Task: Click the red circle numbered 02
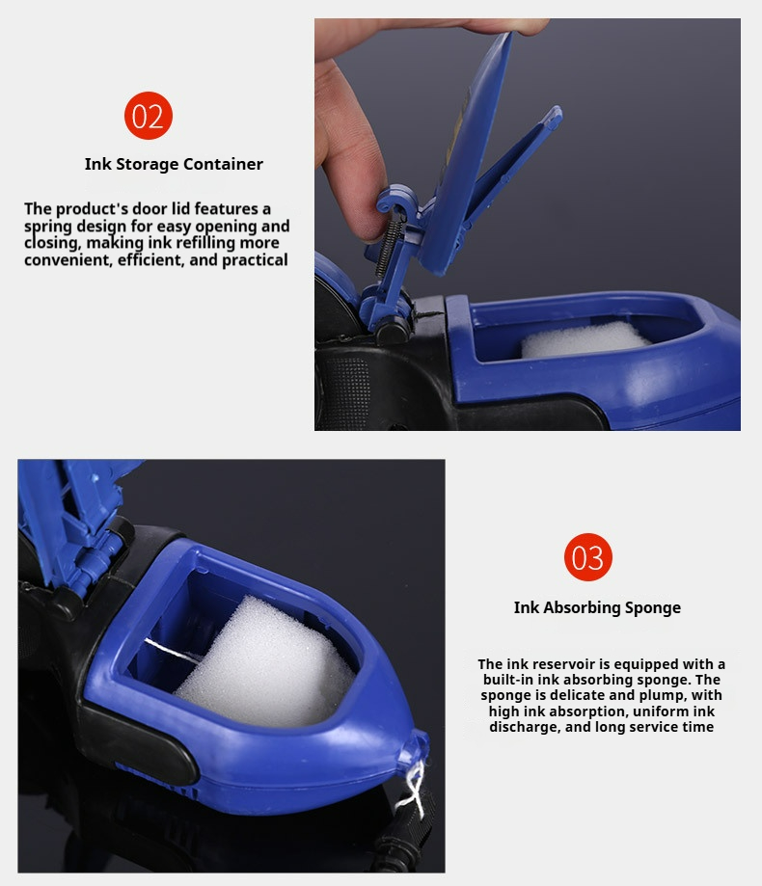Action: (149, 116)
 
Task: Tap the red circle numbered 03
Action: (587, 557)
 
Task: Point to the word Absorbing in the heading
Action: (586, 608)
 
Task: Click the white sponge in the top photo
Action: (585, 339)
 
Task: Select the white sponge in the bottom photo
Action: (265, 664)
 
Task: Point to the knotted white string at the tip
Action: (412, 785)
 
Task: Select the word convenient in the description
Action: (68, 260)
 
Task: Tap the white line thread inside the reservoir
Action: (173, 650)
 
